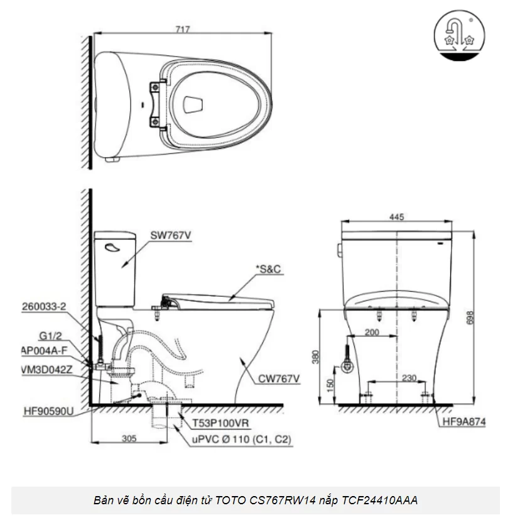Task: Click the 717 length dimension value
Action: click(183, 29)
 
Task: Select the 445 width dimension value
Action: click(396, 217)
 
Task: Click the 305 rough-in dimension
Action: click(129, 439)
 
